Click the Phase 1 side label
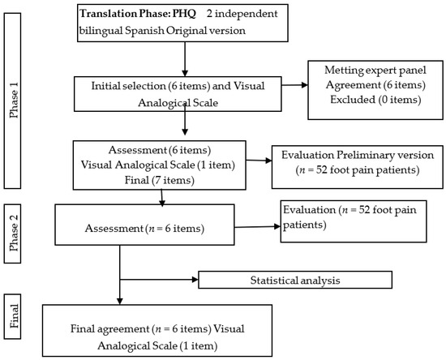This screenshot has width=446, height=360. pos(12,101)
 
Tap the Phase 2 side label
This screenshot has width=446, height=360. pos(12,234)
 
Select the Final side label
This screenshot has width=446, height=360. pos(12,316)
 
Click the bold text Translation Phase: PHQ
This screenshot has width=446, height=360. pos(138,14)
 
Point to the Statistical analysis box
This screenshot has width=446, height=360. pos(295,280)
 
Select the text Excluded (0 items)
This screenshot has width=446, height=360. pos(375,100)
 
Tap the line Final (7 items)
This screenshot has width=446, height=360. pos(159,180)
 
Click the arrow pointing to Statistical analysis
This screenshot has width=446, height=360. pos(159,280)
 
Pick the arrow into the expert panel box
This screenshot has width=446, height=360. pos(294,85)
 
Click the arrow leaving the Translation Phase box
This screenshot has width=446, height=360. pos(185,59)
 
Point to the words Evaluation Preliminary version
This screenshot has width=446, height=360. pos(358,155)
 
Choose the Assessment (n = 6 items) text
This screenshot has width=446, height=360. pos(144,229)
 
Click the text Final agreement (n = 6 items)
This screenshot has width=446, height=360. pos(141,328)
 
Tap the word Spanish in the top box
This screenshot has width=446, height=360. pos(144,31)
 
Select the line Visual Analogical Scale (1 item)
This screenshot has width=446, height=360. pos(158,165)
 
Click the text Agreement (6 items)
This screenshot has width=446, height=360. pos(375,85)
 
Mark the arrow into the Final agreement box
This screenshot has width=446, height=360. pos(120,275)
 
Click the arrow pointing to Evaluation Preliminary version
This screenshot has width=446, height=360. pos(259,161)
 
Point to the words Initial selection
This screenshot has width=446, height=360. pos(128,86)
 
